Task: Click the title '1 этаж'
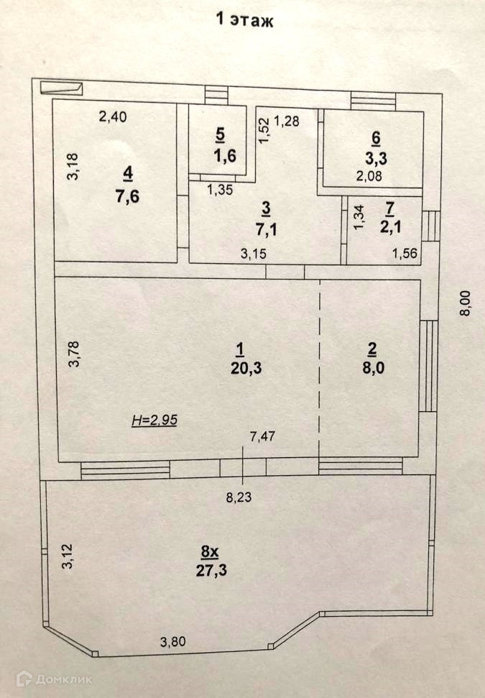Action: pos(245,20)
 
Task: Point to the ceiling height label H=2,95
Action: pos(154,421)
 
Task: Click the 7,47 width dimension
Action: pos(262,434)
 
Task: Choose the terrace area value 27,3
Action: pos(210,571)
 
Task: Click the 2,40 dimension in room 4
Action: pos(113,118)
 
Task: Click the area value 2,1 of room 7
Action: pos(390,226)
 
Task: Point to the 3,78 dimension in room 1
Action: pos(73,354)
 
